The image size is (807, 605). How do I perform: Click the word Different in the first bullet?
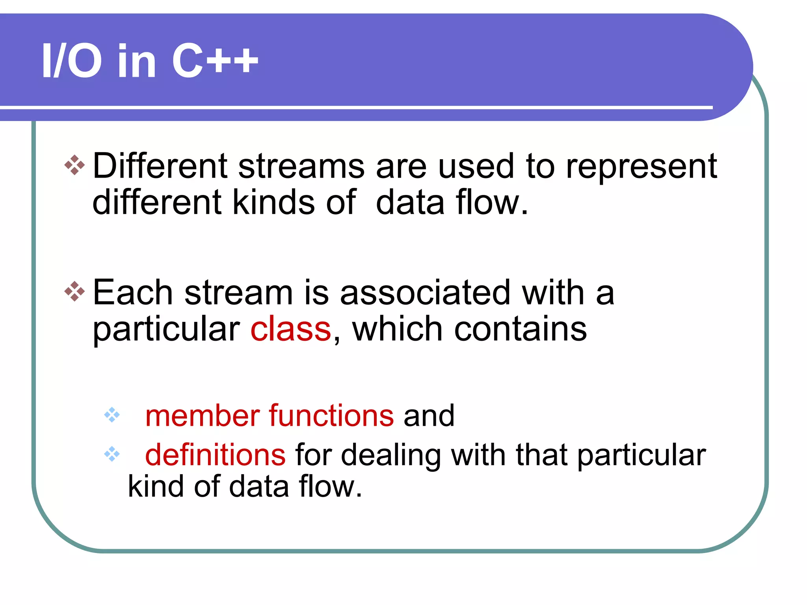160,166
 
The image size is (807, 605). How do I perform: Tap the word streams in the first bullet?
301,166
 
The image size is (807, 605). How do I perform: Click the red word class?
291,329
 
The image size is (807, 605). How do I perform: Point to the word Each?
133,293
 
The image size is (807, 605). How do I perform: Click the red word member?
203,416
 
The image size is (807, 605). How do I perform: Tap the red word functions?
331,416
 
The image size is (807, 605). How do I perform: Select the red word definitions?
215,455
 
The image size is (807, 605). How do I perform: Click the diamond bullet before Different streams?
74,165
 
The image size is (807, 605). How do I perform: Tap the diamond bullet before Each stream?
74,291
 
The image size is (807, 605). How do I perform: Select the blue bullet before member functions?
112,415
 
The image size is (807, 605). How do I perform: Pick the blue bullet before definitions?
112,454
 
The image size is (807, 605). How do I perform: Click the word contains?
520,329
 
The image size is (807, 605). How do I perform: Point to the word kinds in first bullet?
274,202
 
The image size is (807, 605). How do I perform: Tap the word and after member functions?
429,416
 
